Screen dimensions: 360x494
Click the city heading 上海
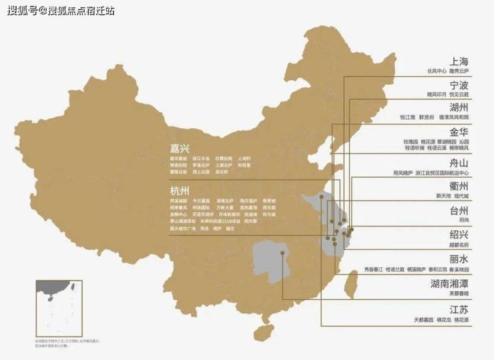click(x=459, y=61)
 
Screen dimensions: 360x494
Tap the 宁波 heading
click(x=459, y=85)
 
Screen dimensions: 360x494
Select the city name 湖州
click(x=459, y=108)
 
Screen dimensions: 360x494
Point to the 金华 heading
click(x=459, y=132)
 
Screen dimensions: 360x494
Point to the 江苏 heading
click(x=459, y=310)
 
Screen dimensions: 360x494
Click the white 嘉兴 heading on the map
click(x=180, y=148)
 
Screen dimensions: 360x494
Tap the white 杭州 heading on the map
click(x=180, y=191)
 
